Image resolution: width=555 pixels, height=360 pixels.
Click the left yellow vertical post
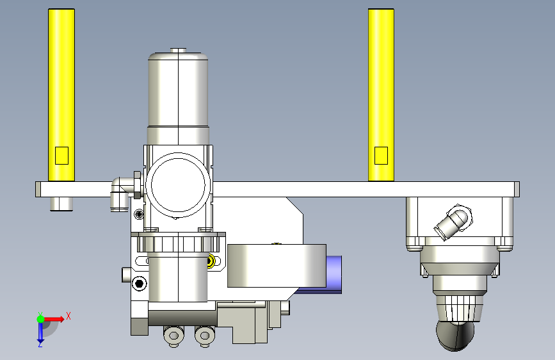tap(61, 95)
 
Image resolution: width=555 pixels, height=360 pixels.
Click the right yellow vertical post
tap(381, 95)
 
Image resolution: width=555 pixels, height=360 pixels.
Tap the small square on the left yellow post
tap(61, 156)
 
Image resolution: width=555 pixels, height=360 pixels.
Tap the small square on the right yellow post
tap(381, 156)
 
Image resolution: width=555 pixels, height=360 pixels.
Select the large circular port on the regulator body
tap(178, 185)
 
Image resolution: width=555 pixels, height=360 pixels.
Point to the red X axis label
tap(68, 316)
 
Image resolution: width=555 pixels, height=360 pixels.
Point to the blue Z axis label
tap(40, 344)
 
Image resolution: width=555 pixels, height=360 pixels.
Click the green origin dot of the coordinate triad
tap(40, 319)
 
